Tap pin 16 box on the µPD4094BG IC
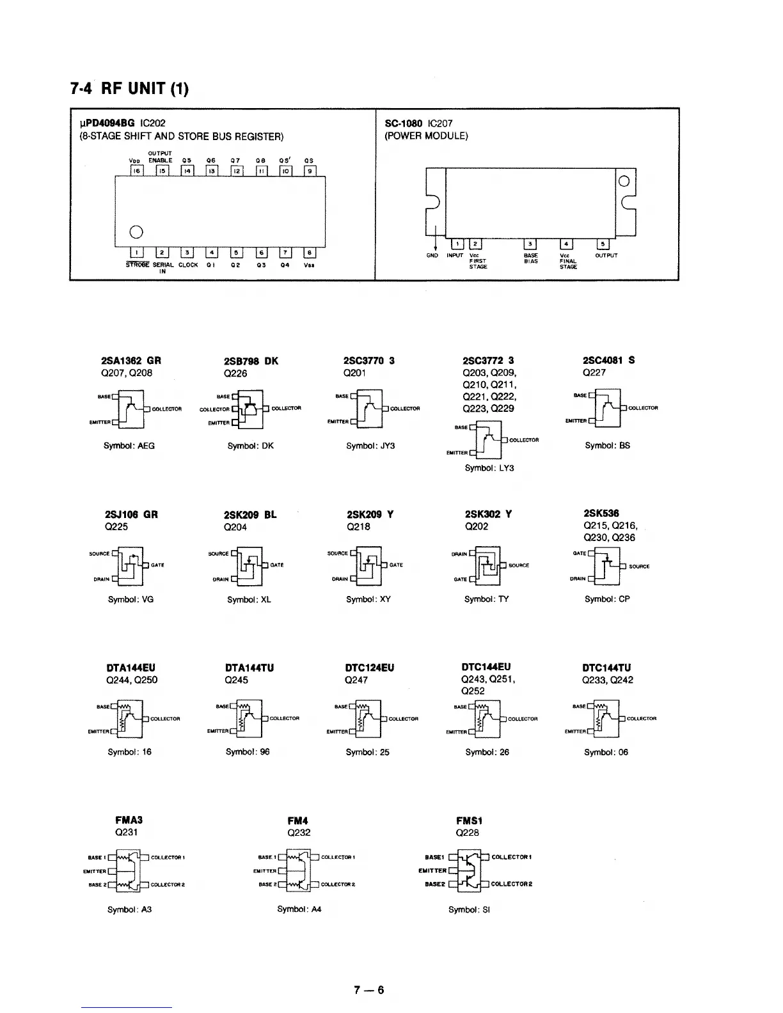(x=136, y=171)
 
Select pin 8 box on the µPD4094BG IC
(x=309, y=253)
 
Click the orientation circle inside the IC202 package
(x=136, y=231)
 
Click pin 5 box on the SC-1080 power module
(x=603, y=244)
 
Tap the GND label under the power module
(x=432, y=256)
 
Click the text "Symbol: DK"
(x=250, y=446)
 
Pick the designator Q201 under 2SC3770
(x=354, y=373)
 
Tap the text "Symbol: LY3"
(x=489, y=468)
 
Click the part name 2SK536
(x=601, y=514)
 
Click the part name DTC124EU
(x=369, y=668)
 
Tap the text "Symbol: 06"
(x=606, y=752)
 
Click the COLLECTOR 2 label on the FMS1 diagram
(x=512, y=884)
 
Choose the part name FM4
(x=298, y=821)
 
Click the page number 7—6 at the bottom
(x=369, y=991)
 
